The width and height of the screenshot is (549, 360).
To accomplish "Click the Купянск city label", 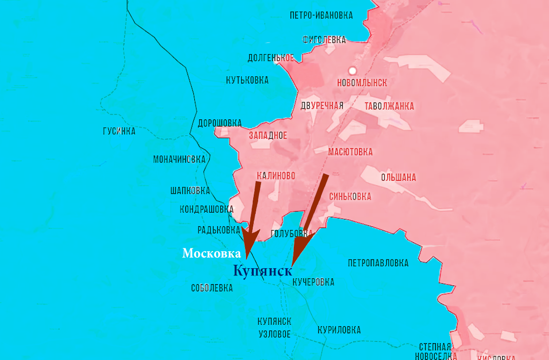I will pos(262,271).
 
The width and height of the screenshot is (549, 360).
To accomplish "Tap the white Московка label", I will pos(211,254).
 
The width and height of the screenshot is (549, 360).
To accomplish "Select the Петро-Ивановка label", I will pos(321,15).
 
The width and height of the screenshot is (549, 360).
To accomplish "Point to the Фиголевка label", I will pos(324,40).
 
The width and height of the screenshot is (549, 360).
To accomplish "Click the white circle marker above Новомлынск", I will pos(352,71).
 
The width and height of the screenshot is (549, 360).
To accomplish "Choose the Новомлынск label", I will pos(362,83).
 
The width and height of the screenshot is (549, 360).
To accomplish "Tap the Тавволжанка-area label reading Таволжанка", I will pos(389,106).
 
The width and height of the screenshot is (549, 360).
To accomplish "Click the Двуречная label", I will pos(321,106).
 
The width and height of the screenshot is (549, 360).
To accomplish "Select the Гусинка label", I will pos(119,131).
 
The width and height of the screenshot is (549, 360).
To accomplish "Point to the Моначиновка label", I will pos(179,159).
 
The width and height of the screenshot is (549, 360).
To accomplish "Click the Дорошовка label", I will pos(219,123).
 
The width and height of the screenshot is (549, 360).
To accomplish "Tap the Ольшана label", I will pos(398,177).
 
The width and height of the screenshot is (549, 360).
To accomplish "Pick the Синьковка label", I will pos(350,197).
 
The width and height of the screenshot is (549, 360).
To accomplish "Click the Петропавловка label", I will pos(378,263).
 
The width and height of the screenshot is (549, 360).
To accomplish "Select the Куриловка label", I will pos(339,330).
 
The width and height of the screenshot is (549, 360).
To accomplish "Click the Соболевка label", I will pos(212,288).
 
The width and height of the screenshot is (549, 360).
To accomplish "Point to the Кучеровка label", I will pos(314,282).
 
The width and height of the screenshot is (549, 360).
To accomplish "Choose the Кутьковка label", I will pos(247,80).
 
